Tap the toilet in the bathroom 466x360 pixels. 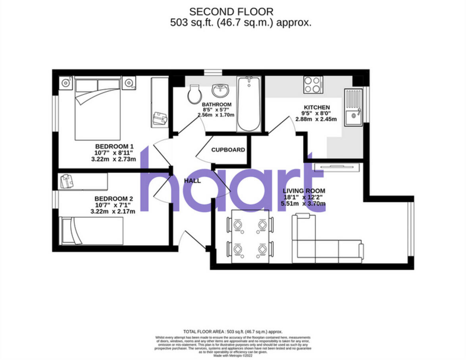pos(194,94)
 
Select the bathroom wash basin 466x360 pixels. pos(219,91)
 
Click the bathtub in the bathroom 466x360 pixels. pos(248,104)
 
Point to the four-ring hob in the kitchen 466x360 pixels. pos(313,84)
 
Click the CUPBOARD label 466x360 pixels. pos(228,150)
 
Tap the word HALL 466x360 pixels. pos(192,181)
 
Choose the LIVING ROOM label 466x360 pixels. pos(304,191)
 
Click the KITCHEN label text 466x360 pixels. pos(316,107)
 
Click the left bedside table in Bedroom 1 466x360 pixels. pos(65,83)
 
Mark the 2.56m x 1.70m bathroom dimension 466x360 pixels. pos(216,115)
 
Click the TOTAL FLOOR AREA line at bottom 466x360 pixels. pos(233,331)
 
